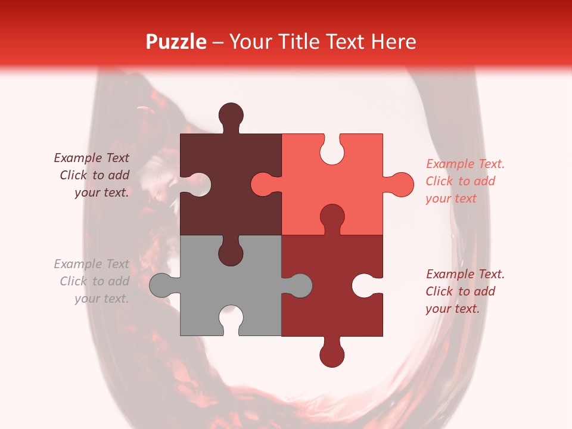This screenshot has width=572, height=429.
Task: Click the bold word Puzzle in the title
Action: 176,42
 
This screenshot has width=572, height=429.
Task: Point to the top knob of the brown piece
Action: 231,115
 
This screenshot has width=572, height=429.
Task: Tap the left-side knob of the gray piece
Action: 161,285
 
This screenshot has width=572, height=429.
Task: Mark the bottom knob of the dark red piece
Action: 332,355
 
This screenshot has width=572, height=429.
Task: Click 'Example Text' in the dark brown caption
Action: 91,158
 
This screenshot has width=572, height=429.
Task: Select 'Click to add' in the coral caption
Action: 460,181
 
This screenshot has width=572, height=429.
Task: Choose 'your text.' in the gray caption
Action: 101,299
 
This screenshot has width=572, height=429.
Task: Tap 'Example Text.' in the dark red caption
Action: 465,274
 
